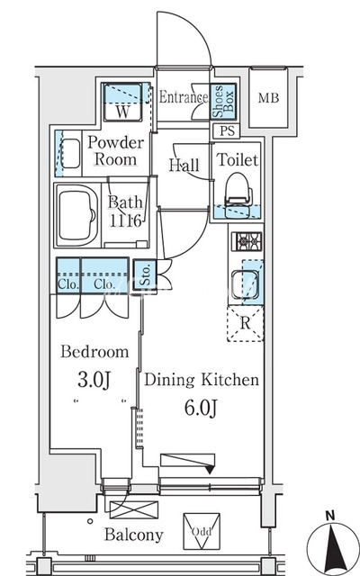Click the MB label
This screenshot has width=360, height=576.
tap(268, 98)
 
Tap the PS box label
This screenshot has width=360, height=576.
tap(227, 131)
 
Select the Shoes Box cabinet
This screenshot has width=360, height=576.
tap(223, 101)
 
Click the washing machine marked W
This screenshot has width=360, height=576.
tap(122, 103)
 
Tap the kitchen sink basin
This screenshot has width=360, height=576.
tap(246, 284)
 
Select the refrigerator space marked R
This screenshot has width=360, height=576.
tap(246, 323)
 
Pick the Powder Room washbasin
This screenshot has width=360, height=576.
tap(70, 153)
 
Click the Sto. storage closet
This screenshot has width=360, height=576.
tap(146, 274)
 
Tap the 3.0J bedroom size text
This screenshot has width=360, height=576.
tap(94, 381)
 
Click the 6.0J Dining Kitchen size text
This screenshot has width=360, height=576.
tap(201, 408)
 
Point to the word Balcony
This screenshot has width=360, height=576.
tap(134, 535)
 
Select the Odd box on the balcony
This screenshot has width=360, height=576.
tap(202, 531)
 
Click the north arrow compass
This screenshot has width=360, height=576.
tap(332, 545)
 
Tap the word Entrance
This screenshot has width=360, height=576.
tap(184, 97)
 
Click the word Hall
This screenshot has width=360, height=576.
tap(184, 165)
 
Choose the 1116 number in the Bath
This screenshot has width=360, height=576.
tap(125, 221)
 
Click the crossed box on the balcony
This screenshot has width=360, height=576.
tap(134, 510)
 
